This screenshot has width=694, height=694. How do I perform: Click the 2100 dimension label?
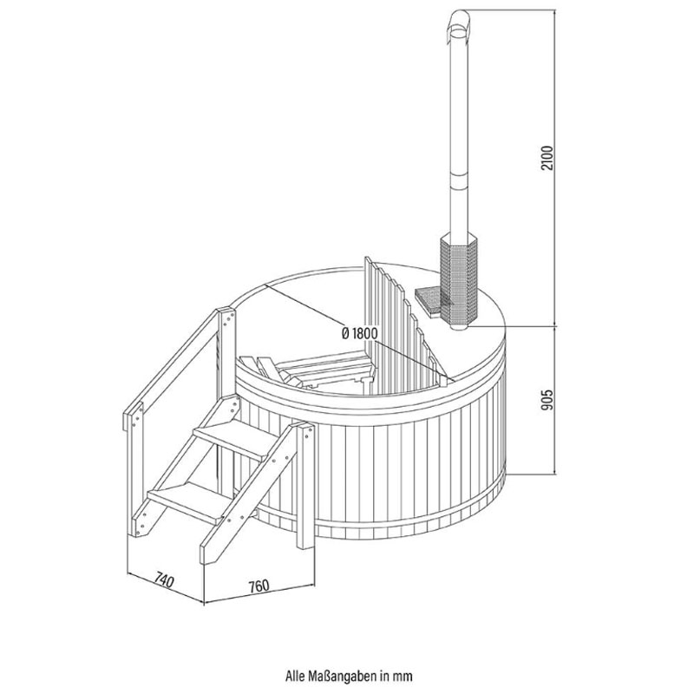(x=547, y=158)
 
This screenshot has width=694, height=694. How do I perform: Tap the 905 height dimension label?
(x=547, y=400)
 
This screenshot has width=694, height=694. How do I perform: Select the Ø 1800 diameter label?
(x=359, y=333)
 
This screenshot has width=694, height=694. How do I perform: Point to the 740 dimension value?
(x=164, y=579)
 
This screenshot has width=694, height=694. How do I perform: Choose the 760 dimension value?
(x=259, y=586)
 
